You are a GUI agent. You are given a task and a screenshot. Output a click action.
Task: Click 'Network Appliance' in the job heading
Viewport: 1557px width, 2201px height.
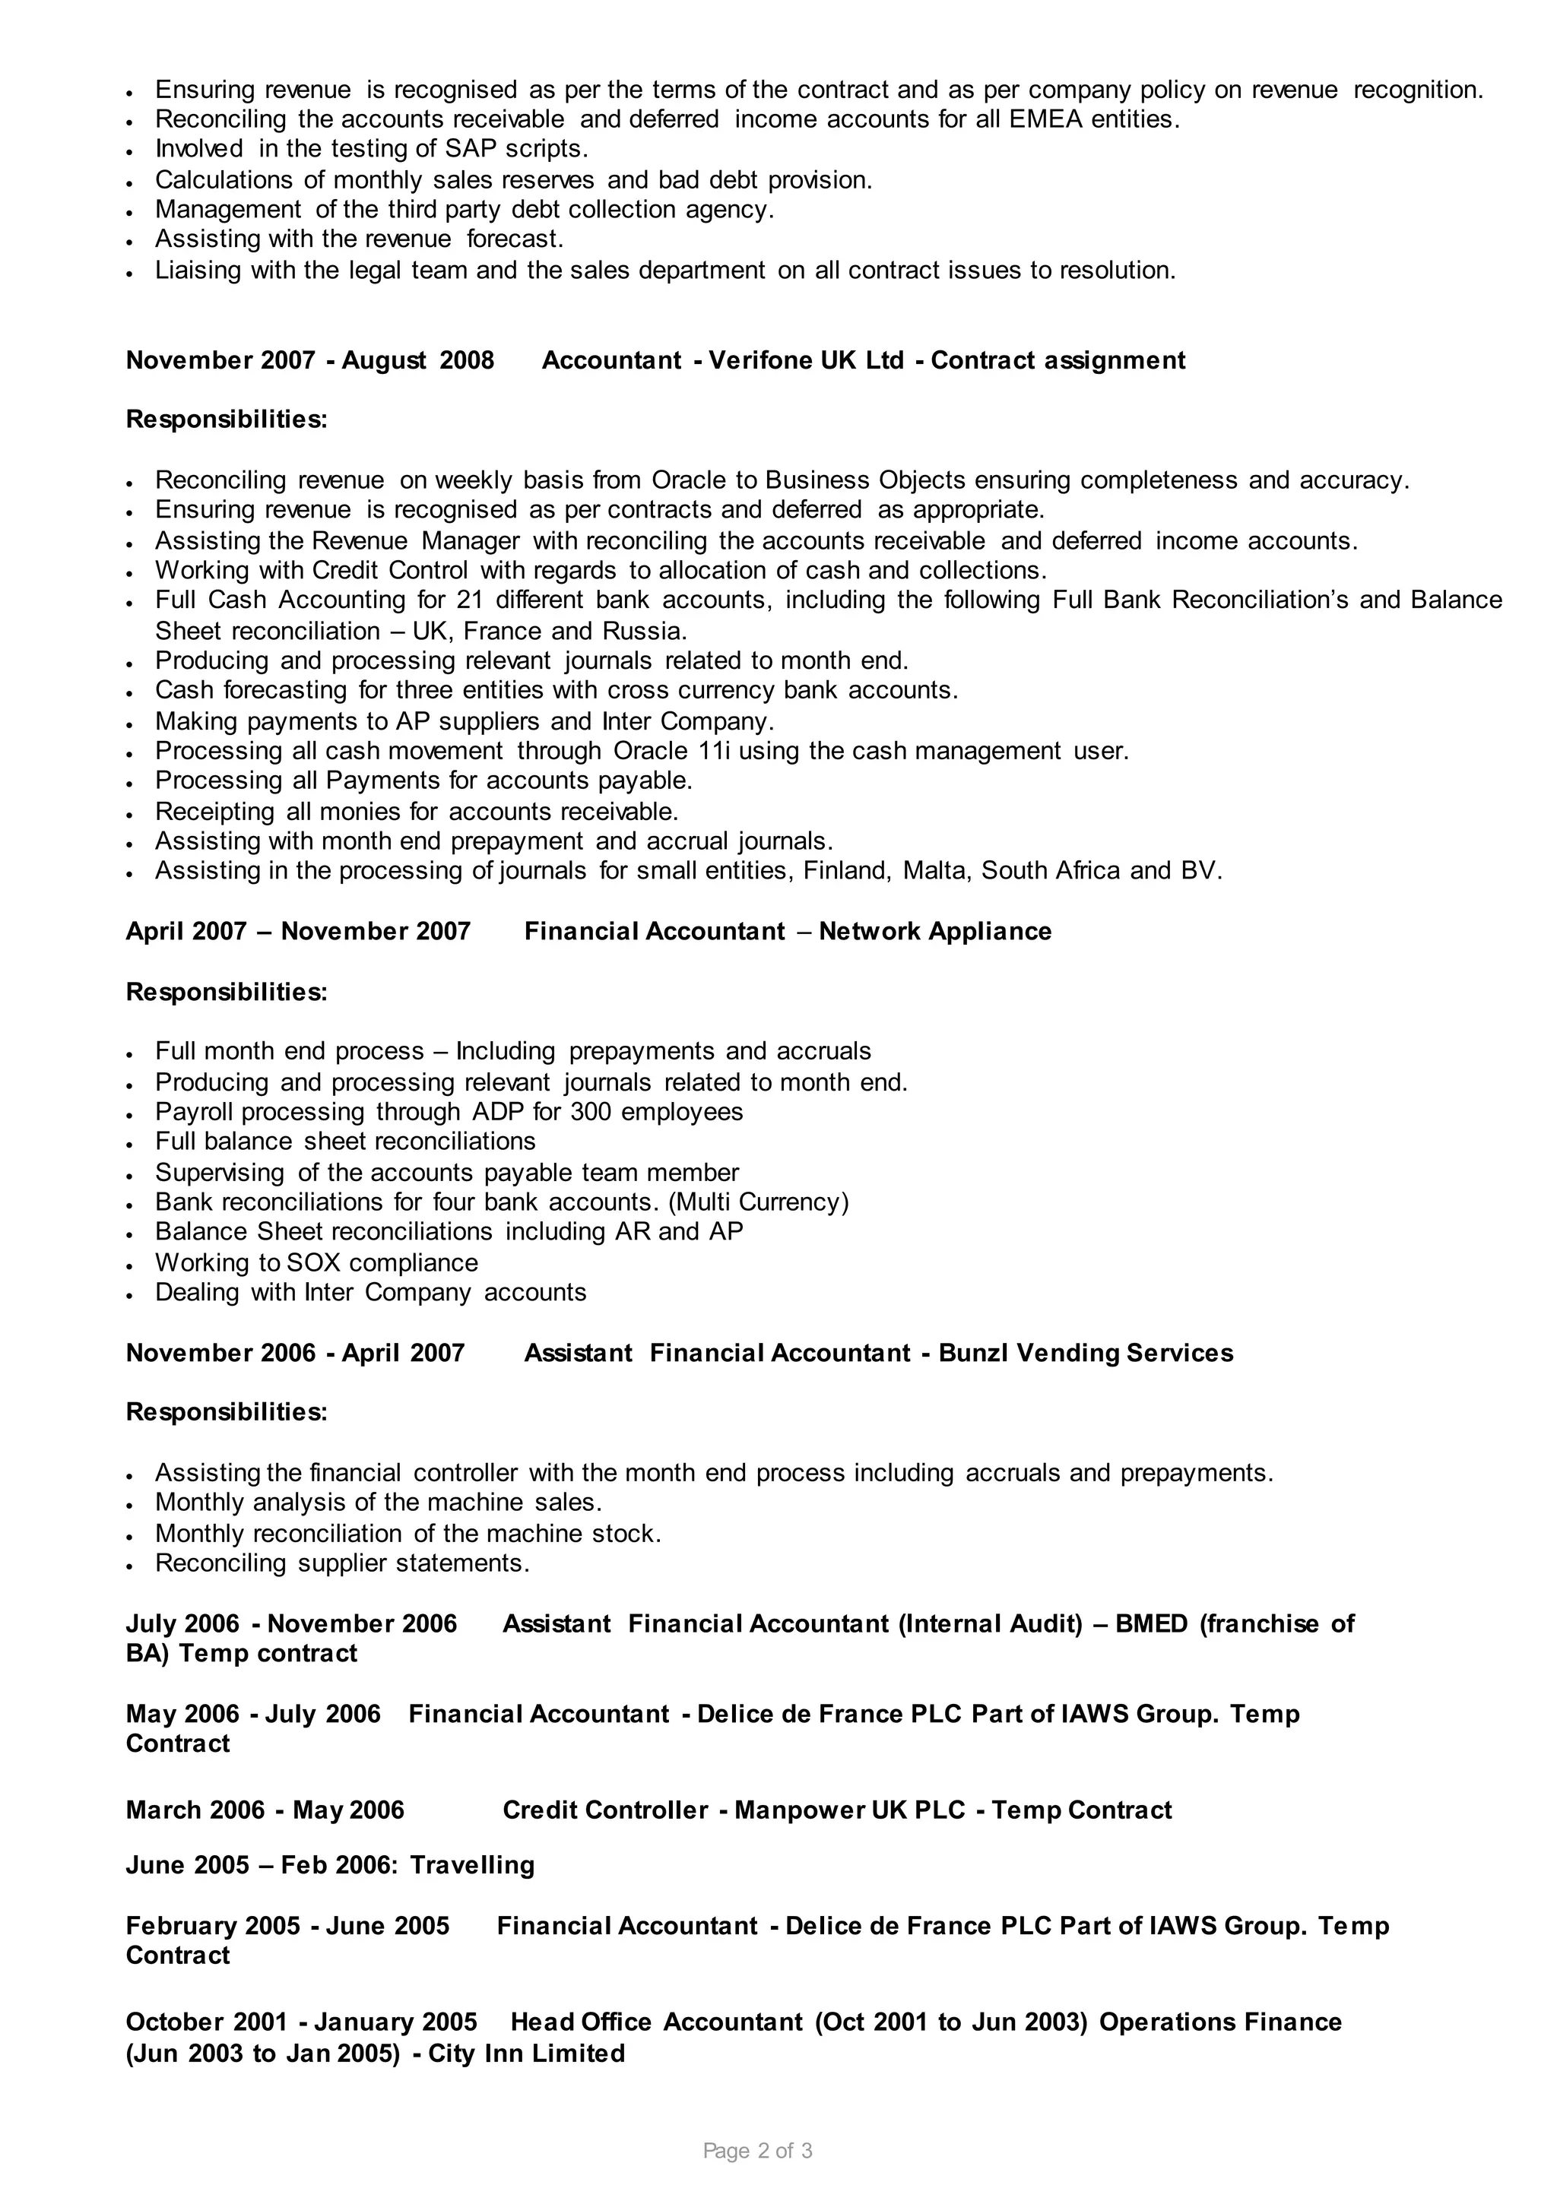(935, 932)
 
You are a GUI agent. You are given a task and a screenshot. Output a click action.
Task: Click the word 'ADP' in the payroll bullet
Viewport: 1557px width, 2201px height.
(496, 1112)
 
